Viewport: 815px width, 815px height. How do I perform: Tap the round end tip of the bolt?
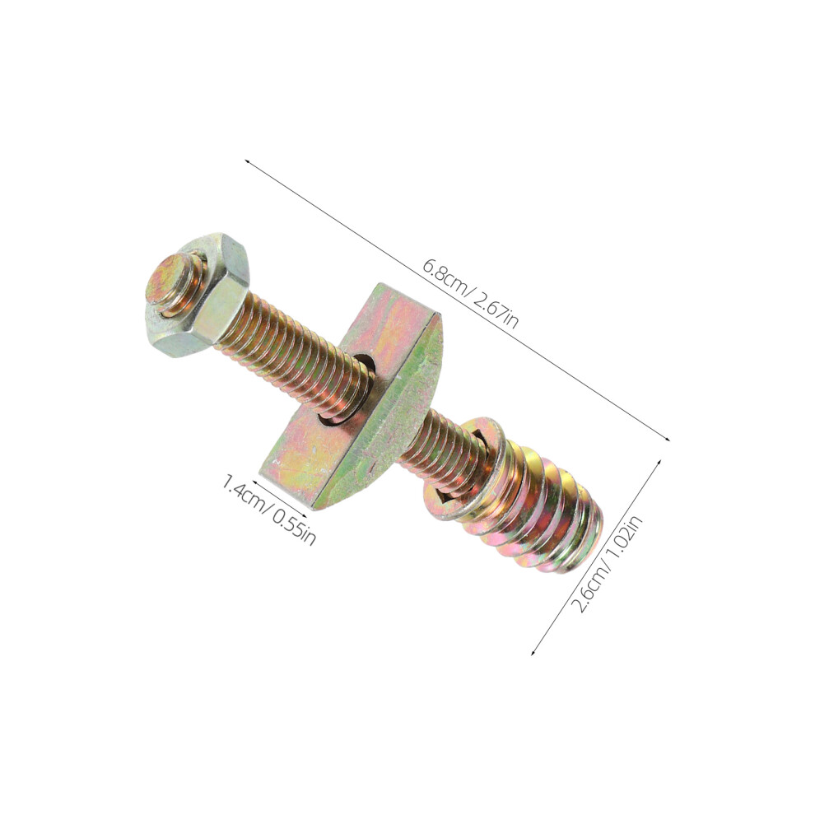coord(165,282)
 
